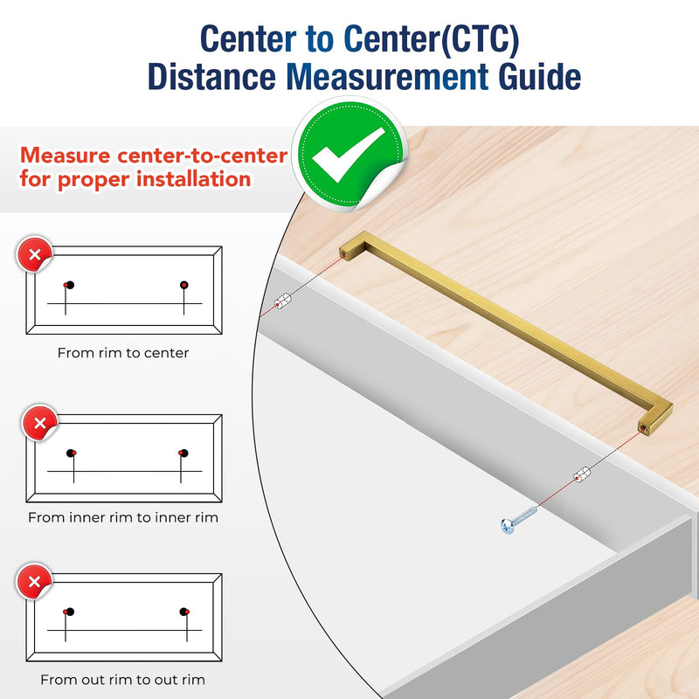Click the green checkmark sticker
point(350,154)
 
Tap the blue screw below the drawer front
point(518,520)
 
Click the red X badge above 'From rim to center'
point(35,254)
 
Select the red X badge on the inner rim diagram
point(40,423)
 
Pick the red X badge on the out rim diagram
point(34,581)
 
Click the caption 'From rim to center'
point(123,353)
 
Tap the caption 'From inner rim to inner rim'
point(123,517)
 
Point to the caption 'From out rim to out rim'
point(122,680)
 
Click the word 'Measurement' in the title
point(387,77)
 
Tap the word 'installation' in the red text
point(193,179)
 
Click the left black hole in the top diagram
point(70,285)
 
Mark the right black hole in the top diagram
point(184,285)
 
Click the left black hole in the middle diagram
point(71,453)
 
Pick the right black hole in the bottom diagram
point(183,612)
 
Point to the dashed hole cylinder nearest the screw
point(582,474)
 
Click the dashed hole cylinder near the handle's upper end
point(282,301)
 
